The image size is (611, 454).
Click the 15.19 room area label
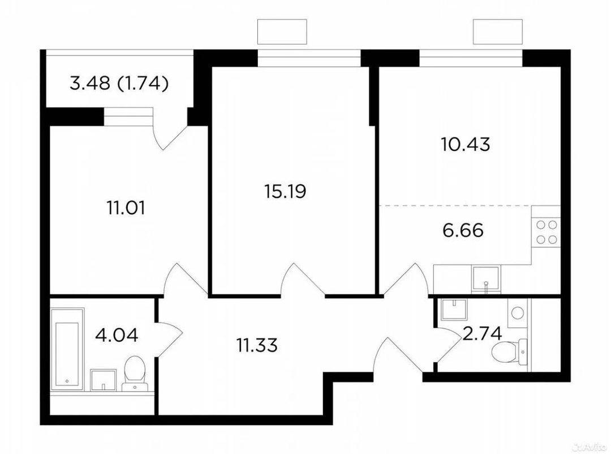click(285, 192)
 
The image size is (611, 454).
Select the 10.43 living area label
click(466, 145)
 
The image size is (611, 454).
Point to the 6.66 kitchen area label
click(463, 230)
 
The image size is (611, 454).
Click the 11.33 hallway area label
click(257, 345)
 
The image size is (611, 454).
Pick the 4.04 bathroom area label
click(117, 335)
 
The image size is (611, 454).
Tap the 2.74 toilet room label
click(481, 334)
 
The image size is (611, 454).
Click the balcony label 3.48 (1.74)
click(119, 83)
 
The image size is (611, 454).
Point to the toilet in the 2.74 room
click(510, 351)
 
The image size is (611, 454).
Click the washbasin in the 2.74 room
click(454, 309)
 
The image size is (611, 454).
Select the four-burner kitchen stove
click(546, 232)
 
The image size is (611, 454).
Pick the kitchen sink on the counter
click(485, 279)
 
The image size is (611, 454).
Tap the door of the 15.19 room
click(303, 280)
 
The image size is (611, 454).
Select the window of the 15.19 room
click(309, 58)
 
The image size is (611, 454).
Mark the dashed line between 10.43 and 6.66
click(470, 205)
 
